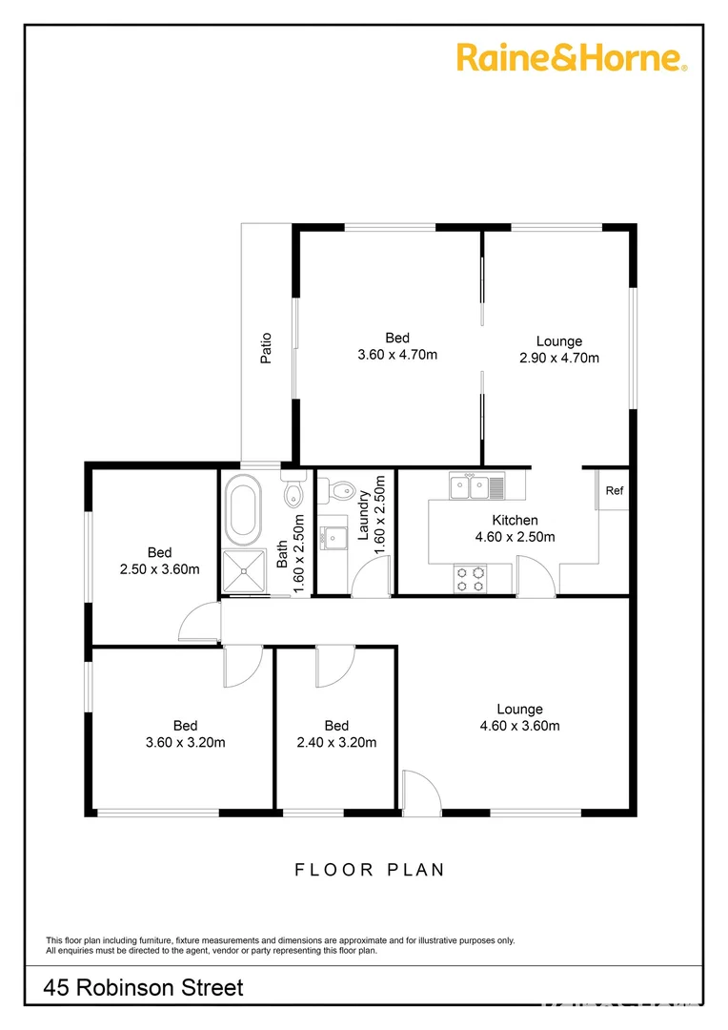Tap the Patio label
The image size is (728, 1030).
click(267, 348)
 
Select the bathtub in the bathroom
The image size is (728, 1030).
click(242, 510)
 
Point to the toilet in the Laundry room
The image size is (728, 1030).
click(341, 490)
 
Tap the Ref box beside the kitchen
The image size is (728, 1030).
click(615, 491)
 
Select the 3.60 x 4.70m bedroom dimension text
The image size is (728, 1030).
click(397, 355)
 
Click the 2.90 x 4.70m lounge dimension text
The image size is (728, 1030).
click(558, 359)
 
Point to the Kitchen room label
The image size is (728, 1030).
click(515, 521)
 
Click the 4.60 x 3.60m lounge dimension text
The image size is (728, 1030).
click(519, 726)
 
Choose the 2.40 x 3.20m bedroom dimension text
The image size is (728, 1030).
click(336, 743)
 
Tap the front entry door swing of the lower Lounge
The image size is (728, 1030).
click(420, 792)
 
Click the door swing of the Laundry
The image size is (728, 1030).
click(370, 577)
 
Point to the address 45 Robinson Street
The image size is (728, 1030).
click(144, 988)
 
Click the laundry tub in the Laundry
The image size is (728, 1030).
click(334, 538)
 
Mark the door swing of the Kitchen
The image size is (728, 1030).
click(536, 578)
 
